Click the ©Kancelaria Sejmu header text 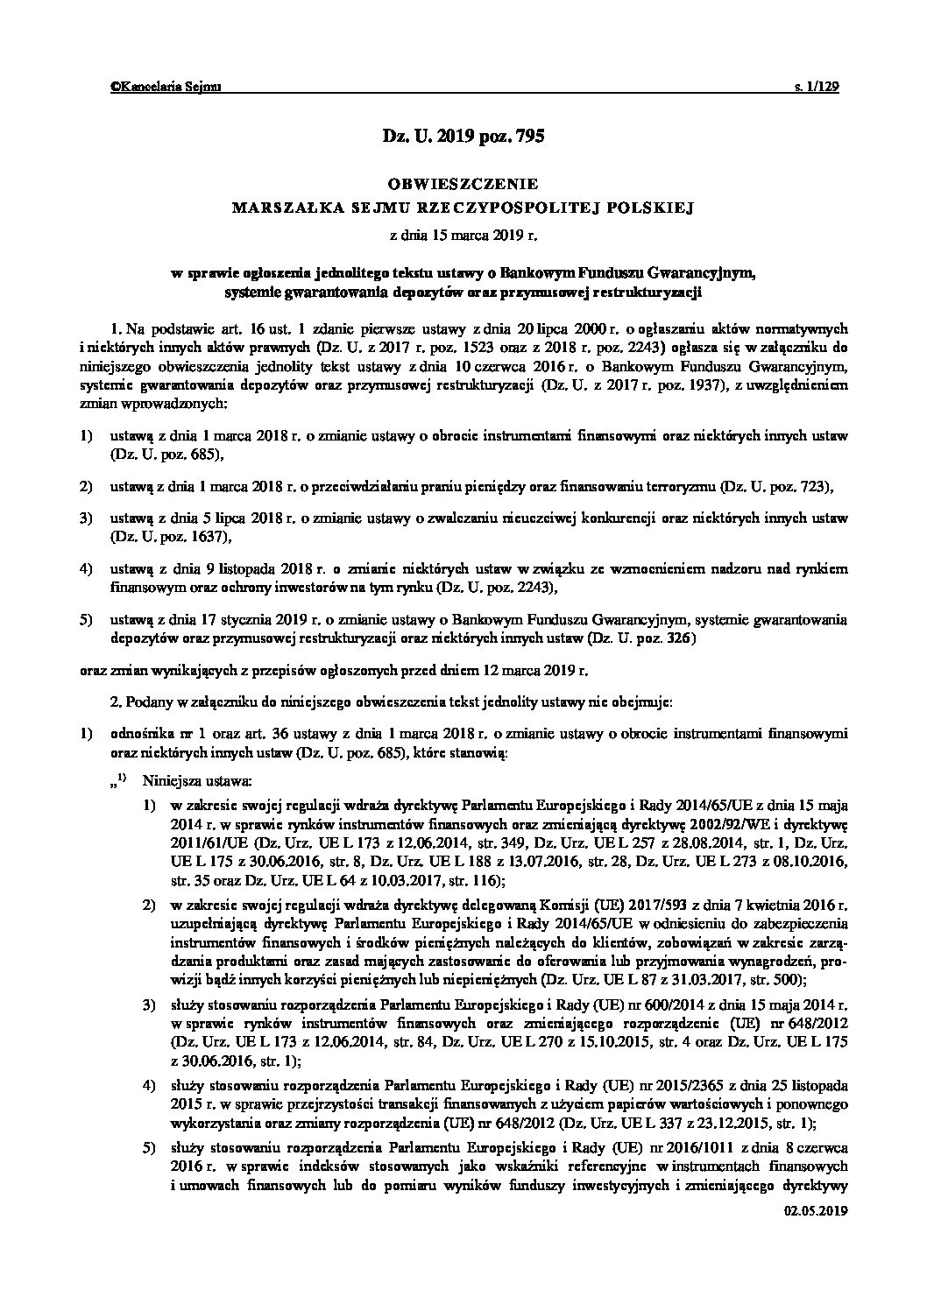(166, 86)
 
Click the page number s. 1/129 (817, 86)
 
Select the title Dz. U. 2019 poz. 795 (463, 136)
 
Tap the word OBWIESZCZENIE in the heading (463, 185)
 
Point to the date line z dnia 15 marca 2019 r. (463, 235)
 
